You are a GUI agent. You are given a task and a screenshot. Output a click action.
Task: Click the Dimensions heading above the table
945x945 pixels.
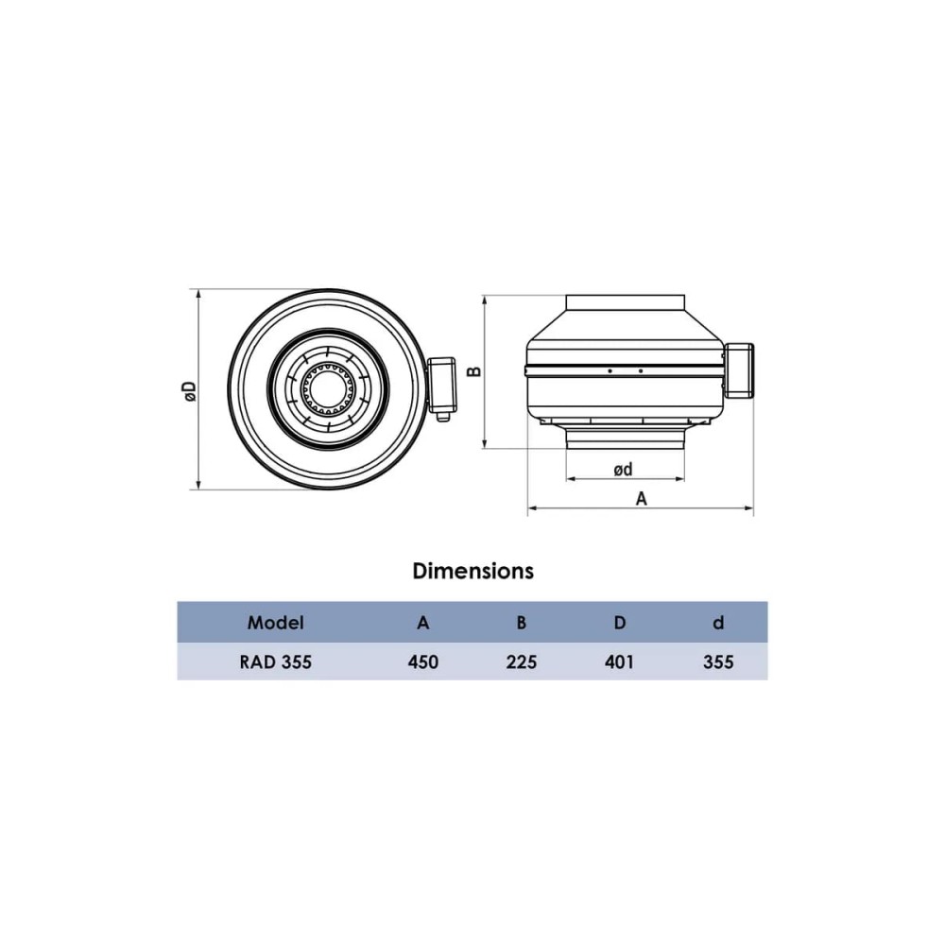(473, 571)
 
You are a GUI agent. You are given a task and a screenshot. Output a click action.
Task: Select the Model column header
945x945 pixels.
(275, 623)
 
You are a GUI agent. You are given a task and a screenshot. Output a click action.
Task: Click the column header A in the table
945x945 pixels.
(423, 623)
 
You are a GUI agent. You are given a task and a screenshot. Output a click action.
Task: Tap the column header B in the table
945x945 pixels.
(522, 623)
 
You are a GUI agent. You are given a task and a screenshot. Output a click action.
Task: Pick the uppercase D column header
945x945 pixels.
(620, 623)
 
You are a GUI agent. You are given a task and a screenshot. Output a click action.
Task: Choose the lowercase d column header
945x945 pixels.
(718, 623)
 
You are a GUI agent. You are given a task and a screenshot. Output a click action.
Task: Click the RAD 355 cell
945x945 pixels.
(275, 662)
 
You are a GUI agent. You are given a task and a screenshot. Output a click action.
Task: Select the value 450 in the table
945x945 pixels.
(423, 662)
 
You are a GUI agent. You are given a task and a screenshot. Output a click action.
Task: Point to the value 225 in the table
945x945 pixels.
(522, 662)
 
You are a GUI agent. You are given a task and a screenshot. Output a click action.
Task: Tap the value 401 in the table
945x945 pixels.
(620, 662)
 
